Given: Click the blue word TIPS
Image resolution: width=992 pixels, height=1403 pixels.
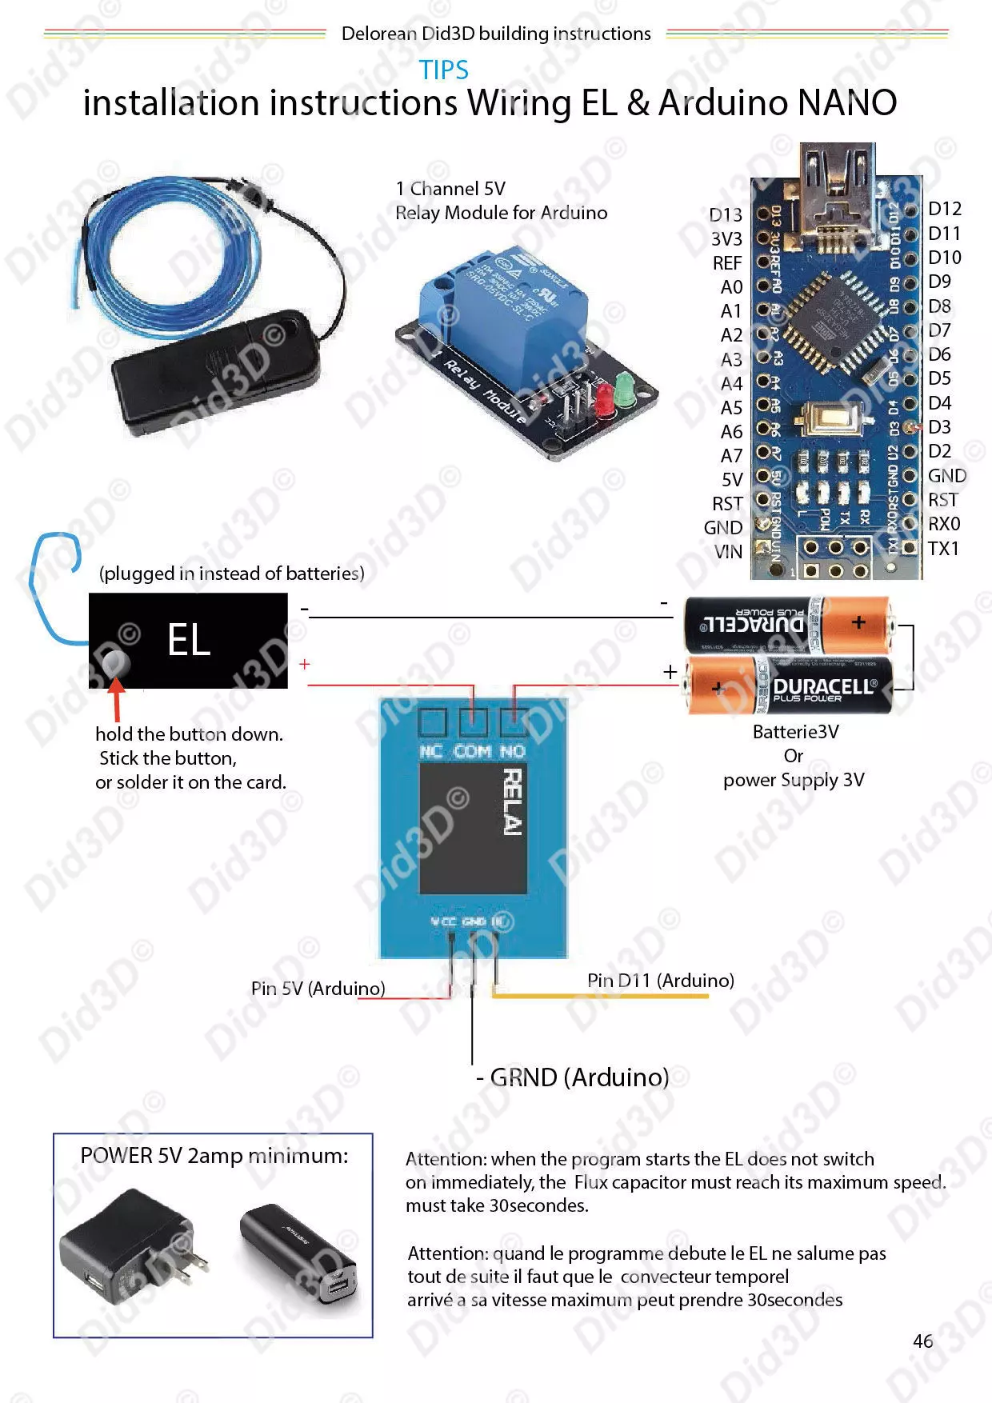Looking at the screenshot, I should (444, 70).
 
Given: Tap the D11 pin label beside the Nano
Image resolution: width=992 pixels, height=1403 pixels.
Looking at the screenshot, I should (944, 234).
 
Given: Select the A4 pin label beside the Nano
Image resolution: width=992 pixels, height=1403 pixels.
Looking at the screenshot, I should (731, 384).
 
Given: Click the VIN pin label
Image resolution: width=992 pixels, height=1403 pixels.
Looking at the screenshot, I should (728, 552).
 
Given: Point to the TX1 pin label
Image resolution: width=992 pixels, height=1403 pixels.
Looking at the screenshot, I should (943, 549).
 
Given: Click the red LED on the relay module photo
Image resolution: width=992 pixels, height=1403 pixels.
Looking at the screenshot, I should (604, 398).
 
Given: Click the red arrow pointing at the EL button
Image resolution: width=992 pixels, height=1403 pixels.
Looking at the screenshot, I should (117, 698).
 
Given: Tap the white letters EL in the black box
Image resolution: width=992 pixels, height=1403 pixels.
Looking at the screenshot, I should (189, 640).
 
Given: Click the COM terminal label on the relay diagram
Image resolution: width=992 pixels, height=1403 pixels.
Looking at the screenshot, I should (472, 751).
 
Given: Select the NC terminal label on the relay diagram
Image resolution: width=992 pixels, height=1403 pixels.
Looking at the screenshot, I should (430, 751).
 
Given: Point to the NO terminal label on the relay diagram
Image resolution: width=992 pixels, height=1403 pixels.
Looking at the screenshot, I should (512, 751).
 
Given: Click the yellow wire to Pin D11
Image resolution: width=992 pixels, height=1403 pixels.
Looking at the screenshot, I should (600, 996).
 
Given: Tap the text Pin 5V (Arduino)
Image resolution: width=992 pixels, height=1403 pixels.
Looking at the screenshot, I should (318, 989).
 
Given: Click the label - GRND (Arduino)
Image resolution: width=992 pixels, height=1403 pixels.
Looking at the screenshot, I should (573, 1077).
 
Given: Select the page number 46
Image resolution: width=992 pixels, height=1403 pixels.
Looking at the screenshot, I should (922, 1341).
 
